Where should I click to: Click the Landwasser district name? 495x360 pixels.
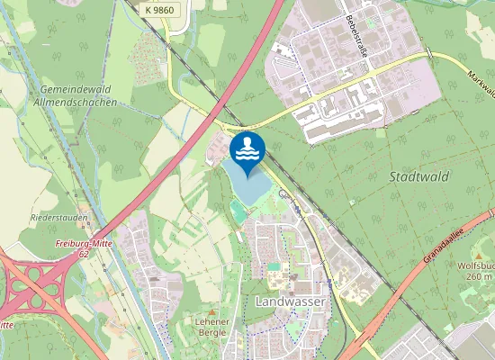pyautogui.click(x=290, y=301)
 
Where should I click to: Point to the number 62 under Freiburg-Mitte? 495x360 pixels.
pyautogui.click(x=84, y=255)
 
